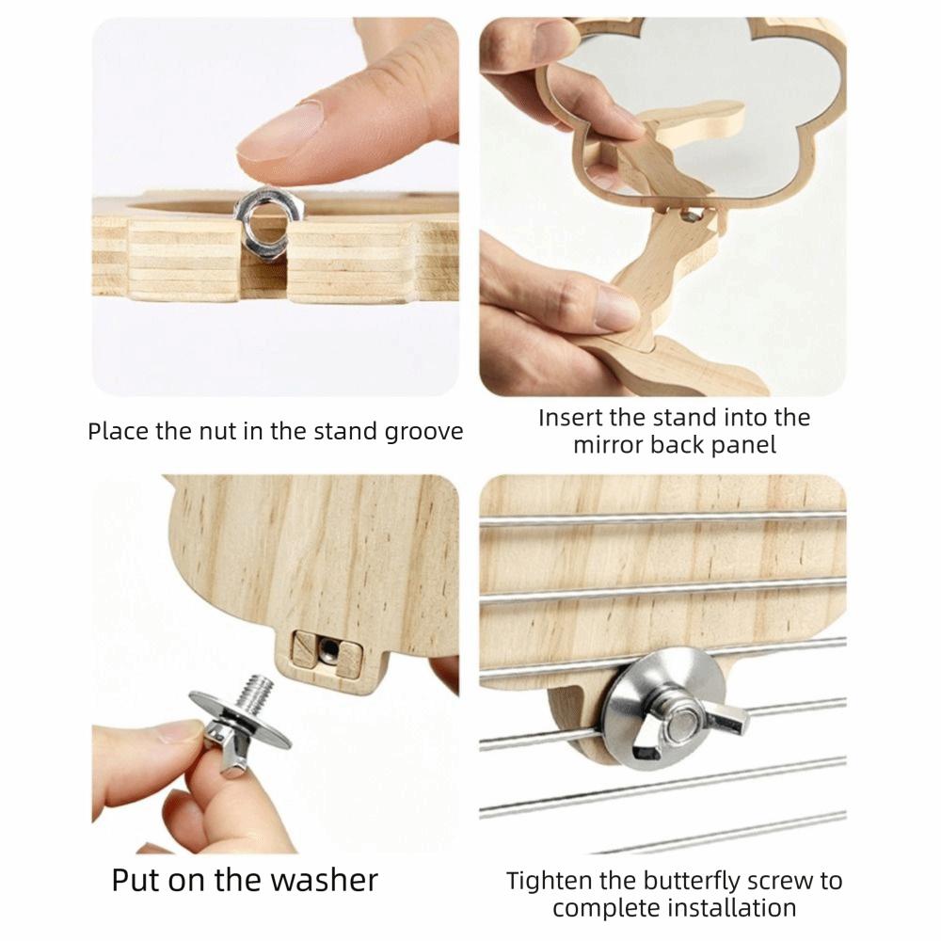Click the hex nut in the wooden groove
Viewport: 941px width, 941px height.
(x=270, y=223)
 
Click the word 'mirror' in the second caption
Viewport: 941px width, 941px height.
(x=608, y=445)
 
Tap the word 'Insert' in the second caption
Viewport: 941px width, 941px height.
(x=569, y=418)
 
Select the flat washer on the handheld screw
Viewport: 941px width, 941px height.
(x=241, y=720)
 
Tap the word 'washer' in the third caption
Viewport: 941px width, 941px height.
(x=324, y=882)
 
